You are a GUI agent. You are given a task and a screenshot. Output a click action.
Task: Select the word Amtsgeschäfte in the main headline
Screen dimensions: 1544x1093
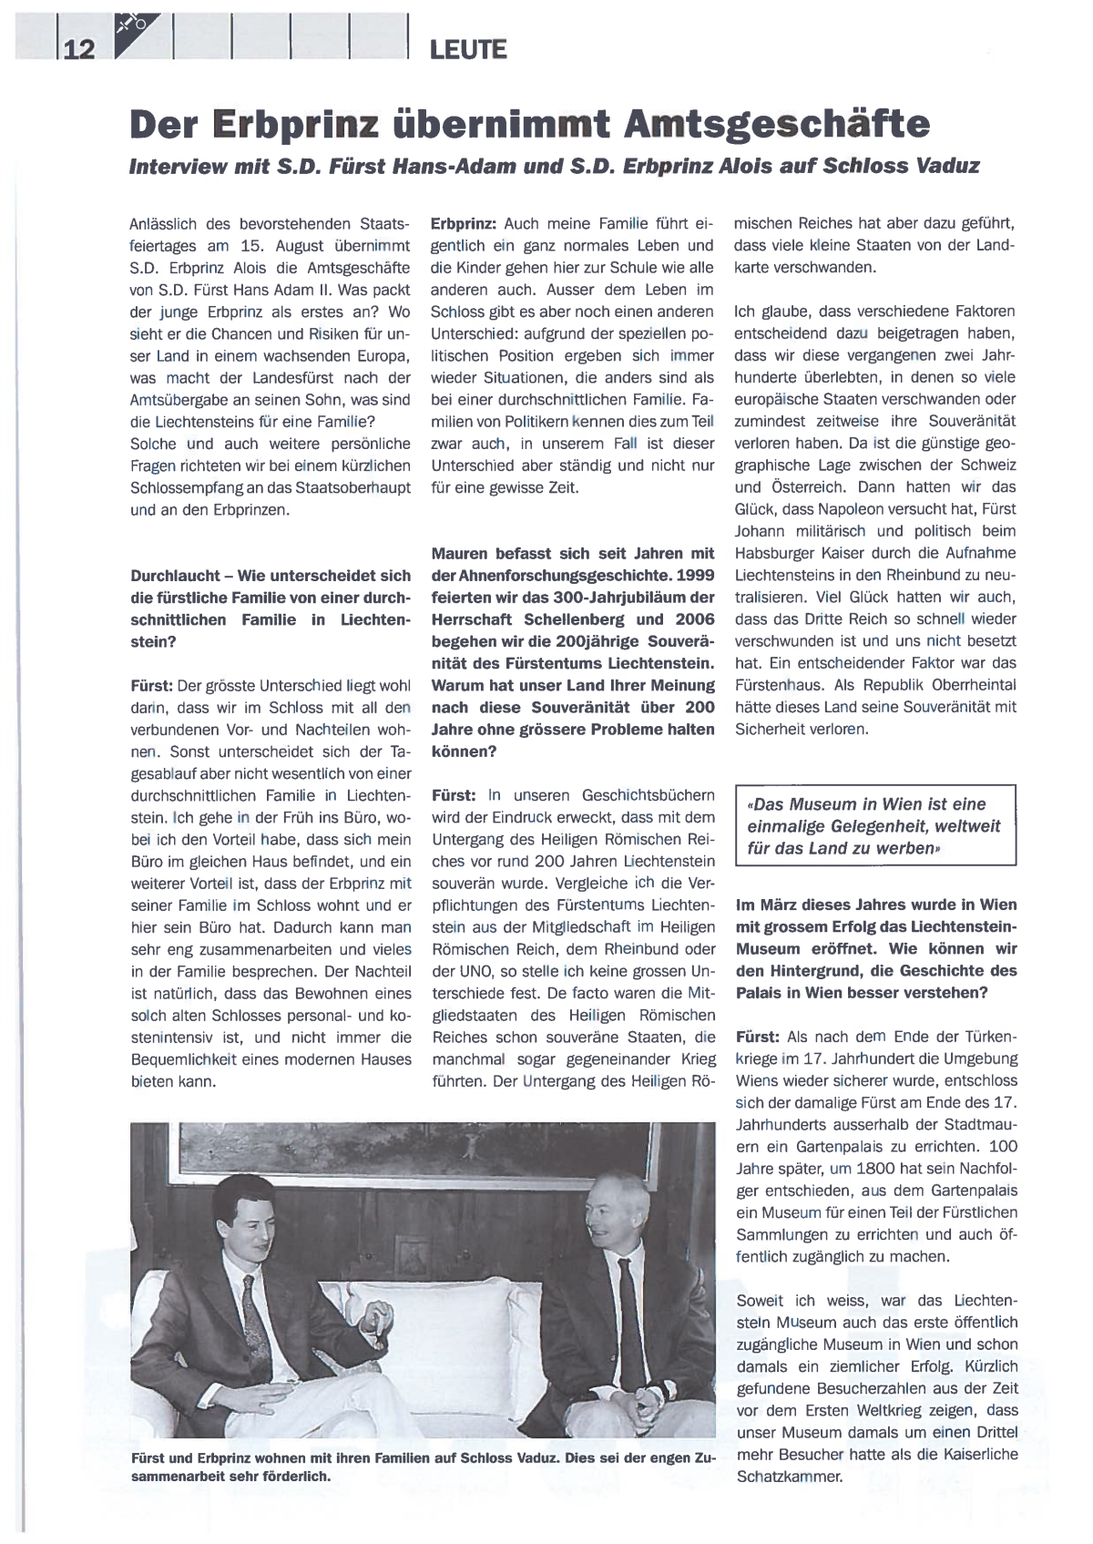[x=777, y=125]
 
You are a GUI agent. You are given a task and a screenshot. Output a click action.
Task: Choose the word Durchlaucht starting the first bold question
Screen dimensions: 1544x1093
[x=175, y=576]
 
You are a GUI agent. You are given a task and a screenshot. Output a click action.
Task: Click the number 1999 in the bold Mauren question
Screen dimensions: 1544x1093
[x=695, y=576]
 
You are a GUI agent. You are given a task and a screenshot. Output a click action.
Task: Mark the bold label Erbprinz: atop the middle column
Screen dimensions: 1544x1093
[x=463, y=224]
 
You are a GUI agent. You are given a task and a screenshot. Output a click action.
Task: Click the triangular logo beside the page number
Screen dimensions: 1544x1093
[x=142, y=34]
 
